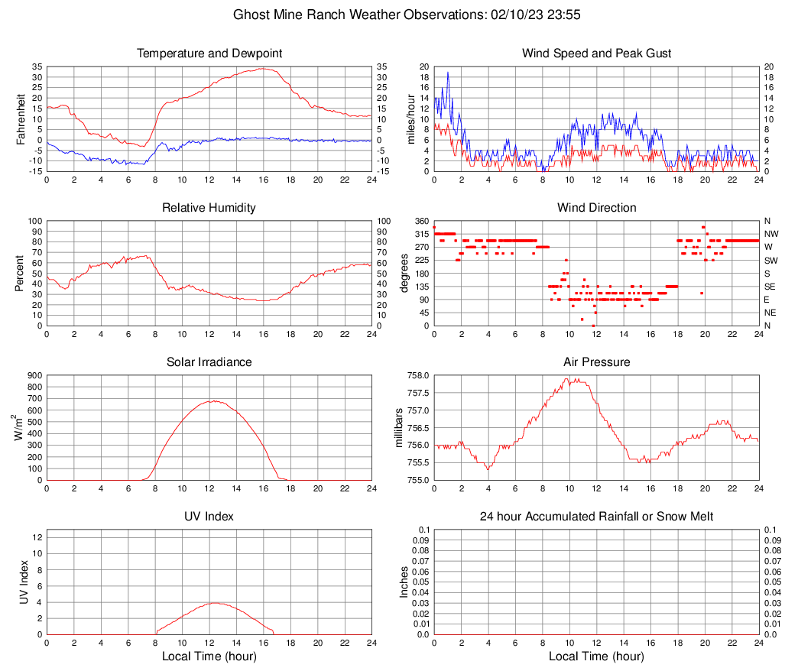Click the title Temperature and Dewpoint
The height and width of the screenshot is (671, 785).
click(209, 53)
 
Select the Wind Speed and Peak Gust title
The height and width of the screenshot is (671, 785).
click(596, 53)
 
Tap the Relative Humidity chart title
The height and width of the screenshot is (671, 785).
click(209, 208)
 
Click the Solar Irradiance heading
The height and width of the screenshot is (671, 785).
click(209, 362)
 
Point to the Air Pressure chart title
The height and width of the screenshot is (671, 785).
click(596, 362)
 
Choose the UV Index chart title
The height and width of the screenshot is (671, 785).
click(209, 517)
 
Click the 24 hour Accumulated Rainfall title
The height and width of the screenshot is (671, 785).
click(596, 517)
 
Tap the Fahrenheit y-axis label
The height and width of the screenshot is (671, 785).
click(21, 119)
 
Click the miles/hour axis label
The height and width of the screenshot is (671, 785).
click(411, 119)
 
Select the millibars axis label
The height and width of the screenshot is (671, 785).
click(398, 428)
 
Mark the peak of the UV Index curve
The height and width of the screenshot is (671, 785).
click(215, 603)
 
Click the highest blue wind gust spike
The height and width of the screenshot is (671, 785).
click(447, 73)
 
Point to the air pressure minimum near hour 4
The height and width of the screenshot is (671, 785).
click(488, 468)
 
